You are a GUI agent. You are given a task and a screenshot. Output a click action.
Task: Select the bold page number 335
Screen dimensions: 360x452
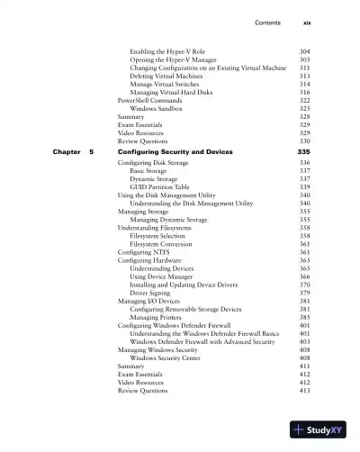point(301,153)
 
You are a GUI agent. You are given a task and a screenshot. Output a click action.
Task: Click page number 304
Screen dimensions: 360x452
point(304,52)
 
